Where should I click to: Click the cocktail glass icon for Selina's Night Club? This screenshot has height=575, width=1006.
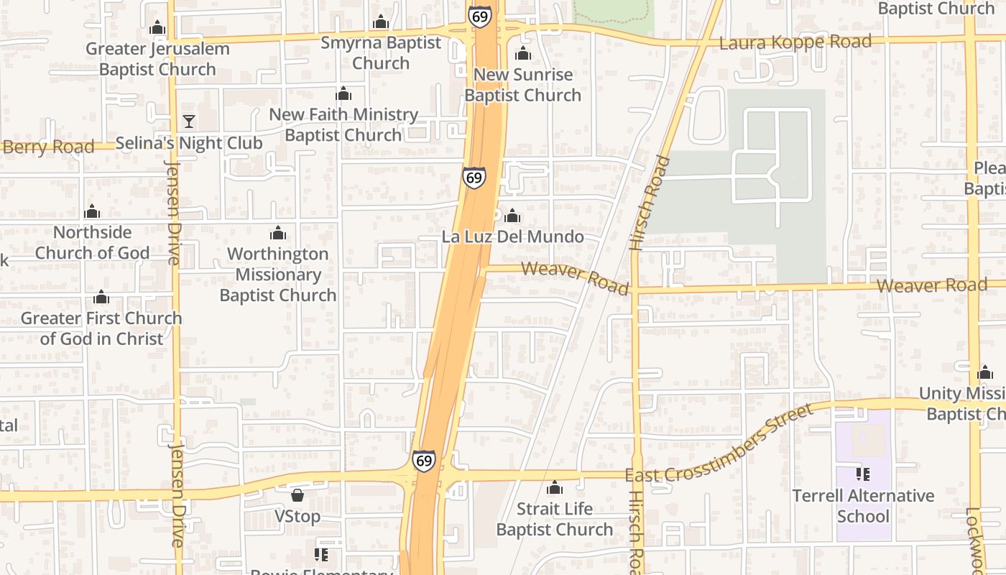point(189,121)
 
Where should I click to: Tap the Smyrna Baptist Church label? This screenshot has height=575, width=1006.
point(381,52)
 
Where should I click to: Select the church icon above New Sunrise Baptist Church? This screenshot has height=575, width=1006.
point(523,54)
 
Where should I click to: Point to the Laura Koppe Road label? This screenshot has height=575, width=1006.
point(795,42)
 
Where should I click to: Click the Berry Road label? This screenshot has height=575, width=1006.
point(48,147)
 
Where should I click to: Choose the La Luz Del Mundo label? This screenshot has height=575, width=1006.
point(512,236)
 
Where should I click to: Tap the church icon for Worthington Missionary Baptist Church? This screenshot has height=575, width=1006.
point(278,233)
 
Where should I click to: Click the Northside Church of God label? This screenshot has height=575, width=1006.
point(93,242)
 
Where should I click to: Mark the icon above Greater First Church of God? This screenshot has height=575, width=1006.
point(101,298)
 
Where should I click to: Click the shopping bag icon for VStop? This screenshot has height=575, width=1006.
point(297,495)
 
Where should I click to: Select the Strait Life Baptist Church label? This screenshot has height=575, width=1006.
point(555,519)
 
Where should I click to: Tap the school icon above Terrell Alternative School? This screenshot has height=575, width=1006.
point(863,474)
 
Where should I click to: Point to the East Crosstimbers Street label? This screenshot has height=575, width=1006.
point(719,446)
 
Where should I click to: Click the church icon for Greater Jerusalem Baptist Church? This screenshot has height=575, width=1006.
point(157,28)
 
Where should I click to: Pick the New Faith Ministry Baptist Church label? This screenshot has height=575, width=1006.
point(343,124)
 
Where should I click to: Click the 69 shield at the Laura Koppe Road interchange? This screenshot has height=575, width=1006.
point(479,16)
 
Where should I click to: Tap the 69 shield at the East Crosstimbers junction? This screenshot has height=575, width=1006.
point(424,461)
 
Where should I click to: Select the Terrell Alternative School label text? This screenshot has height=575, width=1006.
point(863,506)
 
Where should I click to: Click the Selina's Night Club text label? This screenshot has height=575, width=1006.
point(189,143)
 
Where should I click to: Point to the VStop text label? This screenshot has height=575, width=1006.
point(297,517)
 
